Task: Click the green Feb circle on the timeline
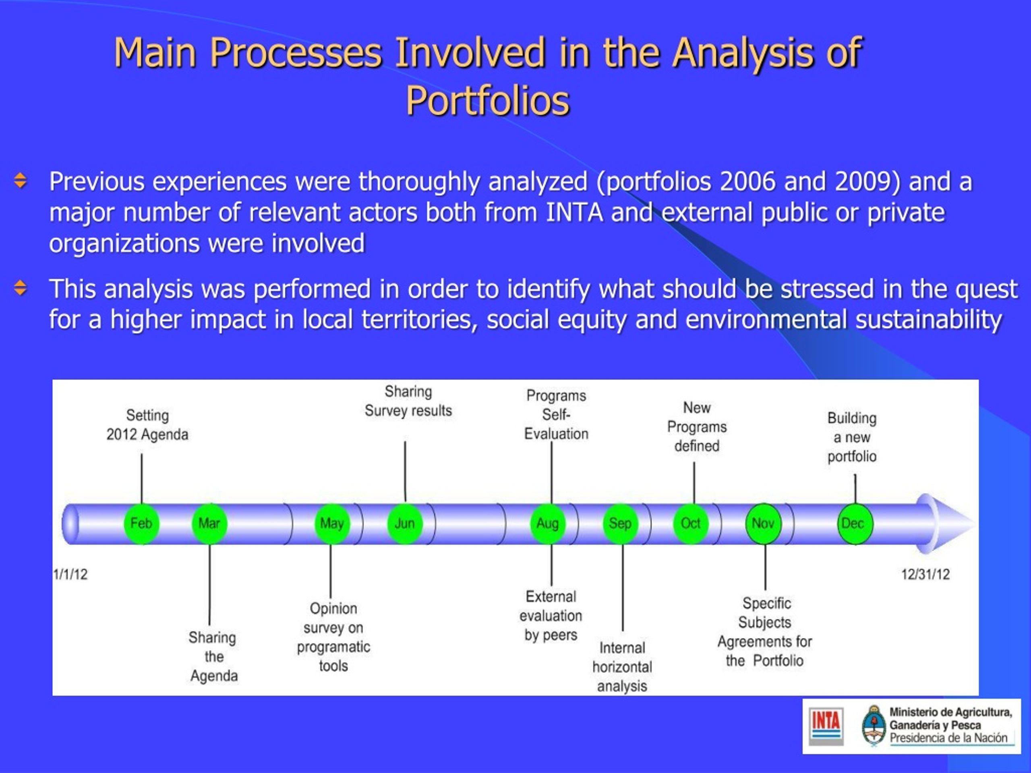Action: coord(141,524)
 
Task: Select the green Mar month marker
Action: coord(209,524)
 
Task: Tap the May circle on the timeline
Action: coord(332,524)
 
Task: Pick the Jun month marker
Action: coord(405,524)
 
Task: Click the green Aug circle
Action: coord(548,524)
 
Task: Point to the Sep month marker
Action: coord(620,524)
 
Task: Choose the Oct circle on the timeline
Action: coord(691,524)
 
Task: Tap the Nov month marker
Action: coord(763,524)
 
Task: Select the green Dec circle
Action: coord(855,524)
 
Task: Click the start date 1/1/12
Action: coord(70,574)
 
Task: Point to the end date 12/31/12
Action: coord(925,574)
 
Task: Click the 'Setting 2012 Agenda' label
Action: coord(147,425)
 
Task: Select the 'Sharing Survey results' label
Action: coord(408,401)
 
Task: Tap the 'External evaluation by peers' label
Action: coord(551,616)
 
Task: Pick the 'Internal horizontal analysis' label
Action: coord(622,667)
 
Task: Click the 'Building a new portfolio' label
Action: coord(852,437)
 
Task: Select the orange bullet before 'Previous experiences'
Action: coord(21,180)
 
